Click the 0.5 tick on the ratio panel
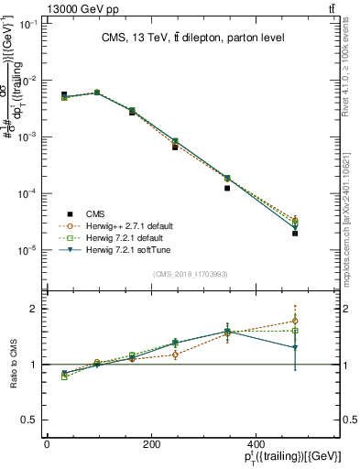(29, 420)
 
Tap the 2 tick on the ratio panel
(35, 309)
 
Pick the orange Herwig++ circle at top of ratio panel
(295, 321)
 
